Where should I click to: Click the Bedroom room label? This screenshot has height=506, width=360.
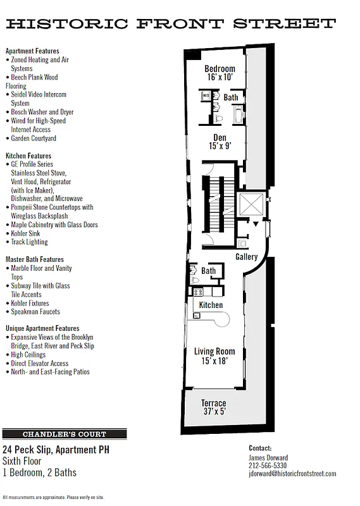pyautogui.click(x=220, y=69)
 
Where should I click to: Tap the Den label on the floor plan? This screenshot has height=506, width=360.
pyautogui.click(x=220, y=137)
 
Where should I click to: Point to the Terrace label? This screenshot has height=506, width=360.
pyautogui.click(x=213, y=403)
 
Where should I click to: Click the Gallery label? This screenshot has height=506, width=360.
pyautogui.click(x=246, y=257)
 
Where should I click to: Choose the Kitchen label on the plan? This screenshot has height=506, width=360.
pyautogui.click(x=211, y=305)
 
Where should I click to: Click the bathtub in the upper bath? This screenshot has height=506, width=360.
pyautogui.click(x=239, y=114)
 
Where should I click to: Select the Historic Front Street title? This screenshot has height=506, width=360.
pyautogui.click(x=170, y=25)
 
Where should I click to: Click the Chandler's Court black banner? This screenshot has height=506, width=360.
pyautogui.click(x=65, y=435)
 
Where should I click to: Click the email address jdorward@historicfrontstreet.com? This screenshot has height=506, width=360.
pyautogui.click(x=292, y=474)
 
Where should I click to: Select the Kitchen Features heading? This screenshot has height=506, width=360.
pyautogui.click(x=28, y=156)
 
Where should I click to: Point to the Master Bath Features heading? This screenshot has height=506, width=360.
pyautogui.click(x=35, y=259)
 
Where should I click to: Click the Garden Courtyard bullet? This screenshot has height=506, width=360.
pyautogui.click(x=34, y=138)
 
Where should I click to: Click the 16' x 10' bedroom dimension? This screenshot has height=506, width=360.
pyautogui.click(x=220, y=77)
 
